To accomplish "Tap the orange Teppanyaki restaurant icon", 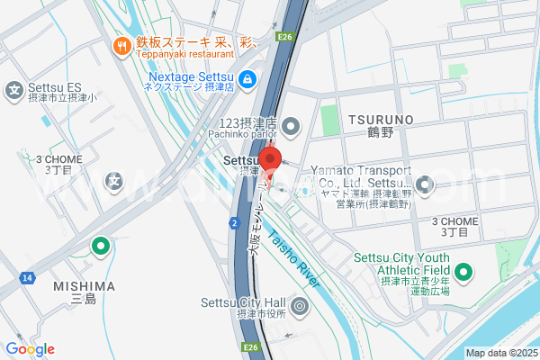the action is [x=119, y=45].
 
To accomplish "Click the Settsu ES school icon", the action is [x=14, y=89].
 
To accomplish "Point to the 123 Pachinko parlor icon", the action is [x=291, y=124].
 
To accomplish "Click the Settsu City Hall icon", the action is [x=300, y=308].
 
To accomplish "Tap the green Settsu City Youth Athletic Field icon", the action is [x=464, y=271].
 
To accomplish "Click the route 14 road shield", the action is [x=28, y=279].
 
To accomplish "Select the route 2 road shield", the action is [x=234, y=221].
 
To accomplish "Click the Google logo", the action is [x=30, y=349].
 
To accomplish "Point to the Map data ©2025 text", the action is [x=501, y=353].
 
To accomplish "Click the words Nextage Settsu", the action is [x=191, y=76].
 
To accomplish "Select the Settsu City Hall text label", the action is [x=242, y=301].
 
